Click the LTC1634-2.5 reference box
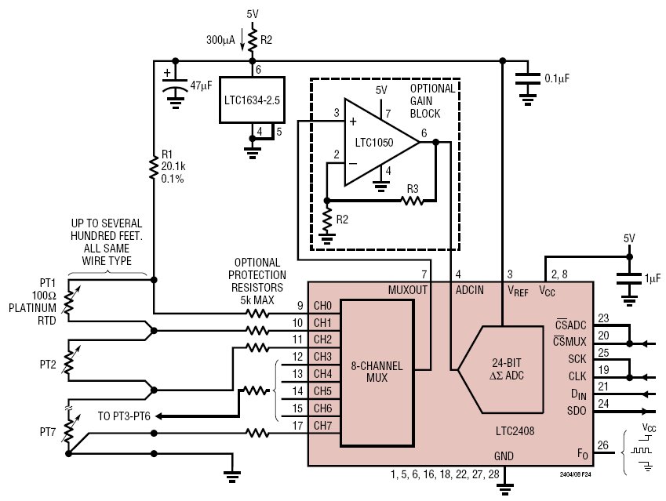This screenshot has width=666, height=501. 252,100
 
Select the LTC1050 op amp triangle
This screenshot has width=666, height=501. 381,142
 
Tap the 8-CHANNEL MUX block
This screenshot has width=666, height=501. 377,372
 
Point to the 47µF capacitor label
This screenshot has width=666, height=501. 201,85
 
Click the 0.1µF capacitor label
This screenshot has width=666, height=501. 557,78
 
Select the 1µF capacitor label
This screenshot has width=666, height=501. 653,278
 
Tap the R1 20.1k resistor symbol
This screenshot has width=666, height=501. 154,166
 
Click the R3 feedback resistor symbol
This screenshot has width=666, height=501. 412,200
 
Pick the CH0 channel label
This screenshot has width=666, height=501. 322,306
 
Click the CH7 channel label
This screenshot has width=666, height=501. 322,426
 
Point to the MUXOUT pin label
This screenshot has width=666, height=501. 408,290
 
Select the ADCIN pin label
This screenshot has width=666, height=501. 470,290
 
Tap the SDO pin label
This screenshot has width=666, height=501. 577,411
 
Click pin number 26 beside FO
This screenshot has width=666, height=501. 602,445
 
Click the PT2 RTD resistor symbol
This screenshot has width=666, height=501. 68,360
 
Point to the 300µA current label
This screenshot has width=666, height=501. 220,40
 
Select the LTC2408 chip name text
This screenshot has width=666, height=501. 515,431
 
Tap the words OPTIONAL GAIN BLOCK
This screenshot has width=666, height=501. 432,101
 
